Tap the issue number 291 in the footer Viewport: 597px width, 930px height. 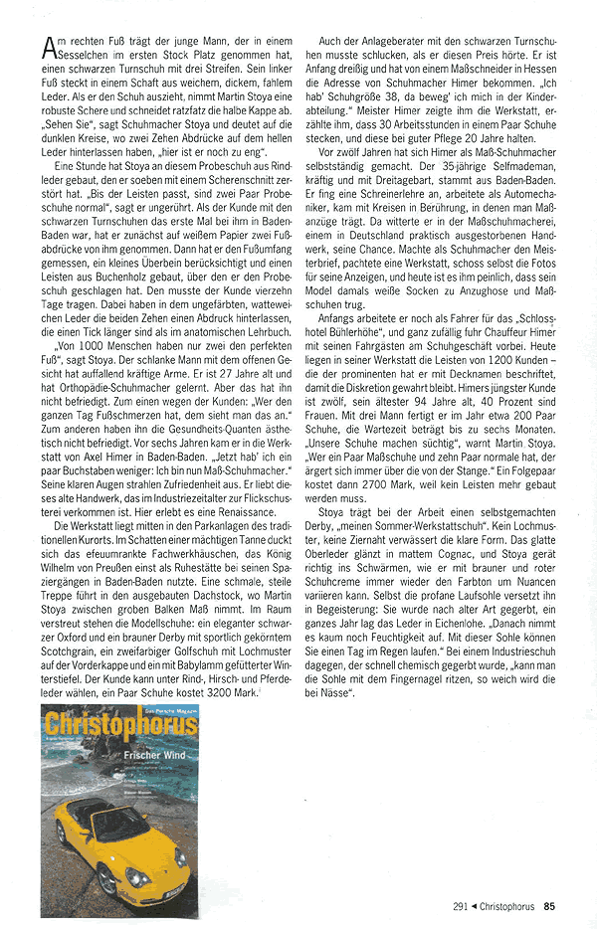click(460, 906)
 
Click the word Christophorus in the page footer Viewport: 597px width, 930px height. click(508, 906)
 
